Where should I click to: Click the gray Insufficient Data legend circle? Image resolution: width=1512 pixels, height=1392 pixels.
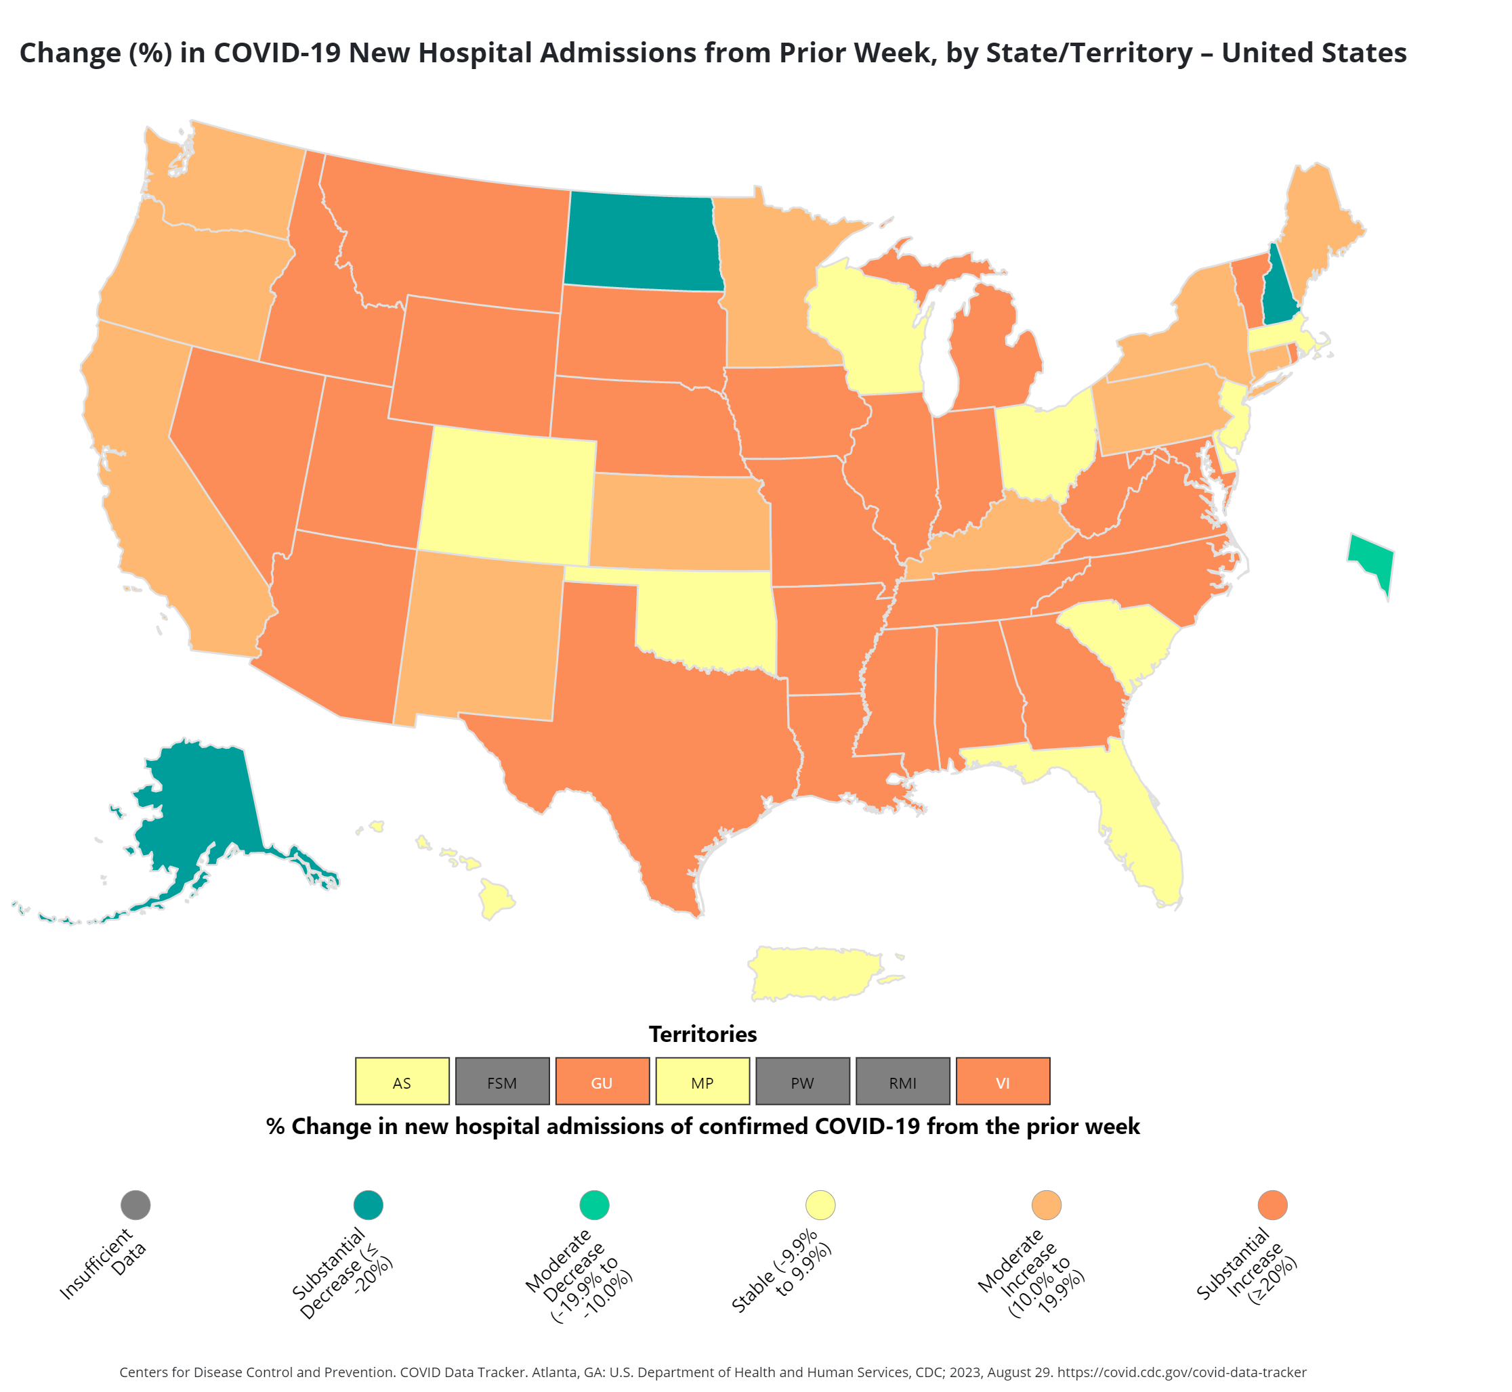pyautogui.click(x=135, y=1204)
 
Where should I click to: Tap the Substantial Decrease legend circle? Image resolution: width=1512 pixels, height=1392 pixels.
pyautogui.click(x=368, y=1204)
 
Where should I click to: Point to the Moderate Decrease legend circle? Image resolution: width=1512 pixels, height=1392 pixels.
pyautogui.click(x=594, y=1204)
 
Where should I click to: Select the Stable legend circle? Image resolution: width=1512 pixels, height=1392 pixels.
pyautogui.click(x=820, y=1204)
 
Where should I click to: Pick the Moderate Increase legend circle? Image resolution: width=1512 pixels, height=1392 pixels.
pyautogui.click(x=1046, y=1204)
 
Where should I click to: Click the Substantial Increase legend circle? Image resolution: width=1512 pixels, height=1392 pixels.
pyautogui.click(x=1272, y=1204)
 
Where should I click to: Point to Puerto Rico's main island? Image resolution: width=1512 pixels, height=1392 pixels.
pyautogui.click(x=814, y=972)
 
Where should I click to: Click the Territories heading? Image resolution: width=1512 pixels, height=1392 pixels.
pyautogui.click(x=702, y=1035)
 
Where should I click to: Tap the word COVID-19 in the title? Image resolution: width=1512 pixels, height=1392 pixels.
pyautogui.click(x=276, y=53)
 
